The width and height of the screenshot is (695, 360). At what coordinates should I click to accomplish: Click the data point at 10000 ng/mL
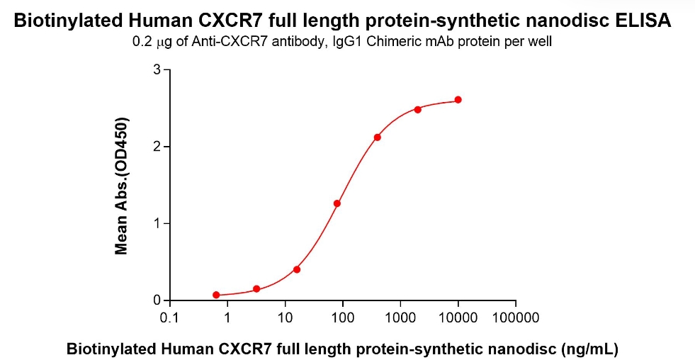458,100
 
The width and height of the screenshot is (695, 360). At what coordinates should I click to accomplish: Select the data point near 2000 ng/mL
418,109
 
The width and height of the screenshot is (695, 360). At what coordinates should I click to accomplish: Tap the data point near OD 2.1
378,137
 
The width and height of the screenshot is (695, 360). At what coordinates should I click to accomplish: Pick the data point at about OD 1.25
337,203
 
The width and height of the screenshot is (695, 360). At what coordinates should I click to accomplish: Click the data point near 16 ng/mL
297,269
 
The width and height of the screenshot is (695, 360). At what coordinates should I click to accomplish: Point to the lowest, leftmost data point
216,295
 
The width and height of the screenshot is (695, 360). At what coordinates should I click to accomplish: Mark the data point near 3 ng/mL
256,289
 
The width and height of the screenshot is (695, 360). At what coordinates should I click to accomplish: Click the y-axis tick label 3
157,69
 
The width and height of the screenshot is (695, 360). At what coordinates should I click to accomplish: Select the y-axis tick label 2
157,147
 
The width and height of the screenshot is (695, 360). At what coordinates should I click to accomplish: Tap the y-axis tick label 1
157,224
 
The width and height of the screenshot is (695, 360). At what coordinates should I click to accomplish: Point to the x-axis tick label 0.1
169,317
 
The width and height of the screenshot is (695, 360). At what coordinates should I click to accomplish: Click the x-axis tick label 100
343,317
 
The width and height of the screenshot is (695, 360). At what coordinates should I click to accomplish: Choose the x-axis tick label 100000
516,317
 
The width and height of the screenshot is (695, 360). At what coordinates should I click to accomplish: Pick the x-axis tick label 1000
401,317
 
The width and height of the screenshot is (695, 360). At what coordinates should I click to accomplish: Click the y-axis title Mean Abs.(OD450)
122,185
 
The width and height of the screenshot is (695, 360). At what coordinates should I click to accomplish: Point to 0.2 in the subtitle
141,42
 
